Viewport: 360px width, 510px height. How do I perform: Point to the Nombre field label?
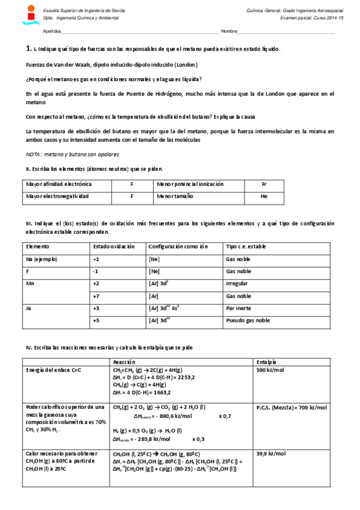[x=229, y=31]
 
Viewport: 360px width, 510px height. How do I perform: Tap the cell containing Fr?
[x=264, y=184]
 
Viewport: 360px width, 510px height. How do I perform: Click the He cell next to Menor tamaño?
[x=264, y=197]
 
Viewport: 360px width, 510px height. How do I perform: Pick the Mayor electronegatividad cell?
[x=58, y=197]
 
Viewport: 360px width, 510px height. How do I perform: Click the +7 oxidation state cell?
[x=96, y=296]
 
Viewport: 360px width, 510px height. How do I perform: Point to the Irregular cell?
[x=236, y=283]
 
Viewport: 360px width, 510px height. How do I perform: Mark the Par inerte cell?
[x=237, y=308]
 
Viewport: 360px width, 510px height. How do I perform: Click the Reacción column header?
[x=124, y=361]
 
